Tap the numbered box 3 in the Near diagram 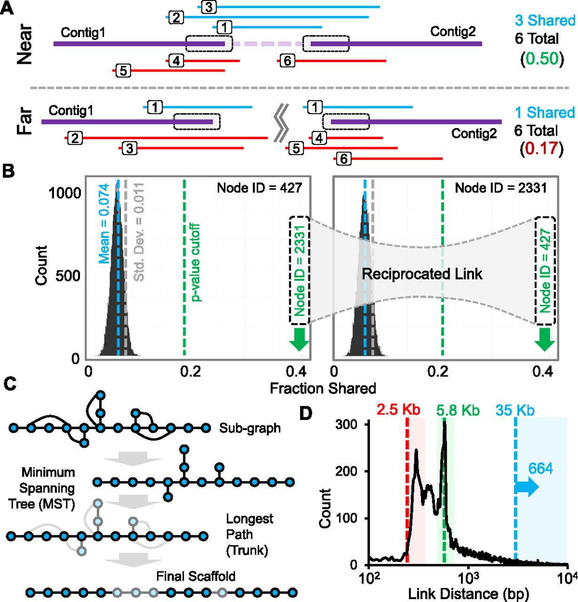[208, 7]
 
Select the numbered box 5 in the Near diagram [123, 71]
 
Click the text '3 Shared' [545, 20]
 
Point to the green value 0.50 [542, 58]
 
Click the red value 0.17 [541, 148]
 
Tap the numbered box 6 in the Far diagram [344, 159]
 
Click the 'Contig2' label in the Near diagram [453, 32]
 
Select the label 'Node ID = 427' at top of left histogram [259, 188]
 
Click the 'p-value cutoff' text [196, 262]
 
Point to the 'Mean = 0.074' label [104, 223]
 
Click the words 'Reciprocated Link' [422, 274]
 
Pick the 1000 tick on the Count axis [64, 193]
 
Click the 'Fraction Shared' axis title [323, 388]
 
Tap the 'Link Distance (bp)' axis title [468, 594]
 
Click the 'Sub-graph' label [250, 428]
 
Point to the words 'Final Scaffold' [196, 576]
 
